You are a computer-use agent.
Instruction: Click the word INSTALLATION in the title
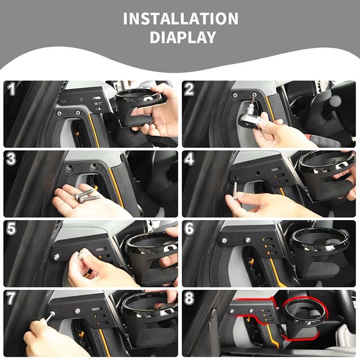(180, 19)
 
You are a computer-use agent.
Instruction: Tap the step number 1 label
(12, 89)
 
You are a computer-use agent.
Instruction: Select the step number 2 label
(189, 89)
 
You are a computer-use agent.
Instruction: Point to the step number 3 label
(12, 159)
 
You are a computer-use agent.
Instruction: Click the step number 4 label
(189, 159)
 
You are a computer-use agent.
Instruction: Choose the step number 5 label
(12, 229)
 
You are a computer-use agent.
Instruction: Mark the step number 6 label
(189, 229)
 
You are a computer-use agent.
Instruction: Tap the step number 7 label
(12, 298)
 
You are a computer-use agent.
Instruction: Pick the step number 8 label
(189, 298)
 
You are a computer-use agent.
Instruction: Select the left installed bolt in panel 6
(224, 241)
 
